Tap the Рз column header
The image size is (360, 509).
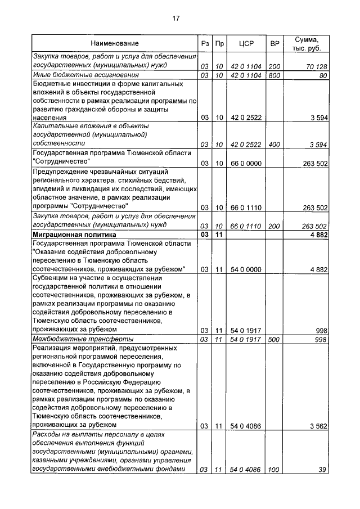[205, 43]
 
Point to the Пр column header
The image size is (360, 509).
[220, 43]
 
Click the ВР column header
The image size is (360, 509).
[274, 43]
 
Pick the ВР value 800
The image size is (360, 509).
[274, 75]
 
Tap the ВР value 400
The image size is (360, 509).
[274, 145]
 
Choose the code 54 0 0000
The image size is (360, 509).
[246, 270]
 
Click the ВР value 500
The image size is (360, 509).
[274, 339]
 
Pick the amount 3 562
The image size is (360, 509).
[318, 426]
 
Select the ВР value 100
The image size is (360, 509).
[274, 470]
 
